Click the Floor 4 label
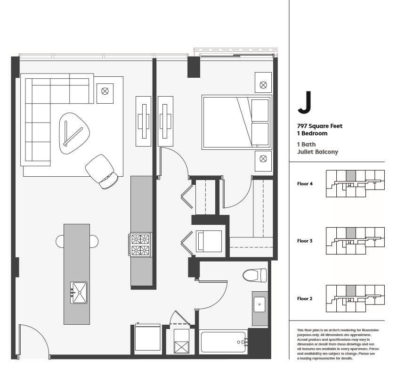pyautogui.click(x=305, y=184)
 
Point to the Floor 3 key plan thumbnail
pyautogui.click(x=355, y=240)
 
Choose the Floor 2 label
pyautogui.click(x=305, y=298)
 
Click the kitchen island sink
pyautogui.click(x=79, y=293)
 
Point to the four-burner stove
pyautogui.click(x=140, y=244)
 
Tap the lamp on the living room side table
pyautogui.click(x=105, y=90)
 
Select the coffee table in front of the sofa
pyautogui.click(x=74, y=132)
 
